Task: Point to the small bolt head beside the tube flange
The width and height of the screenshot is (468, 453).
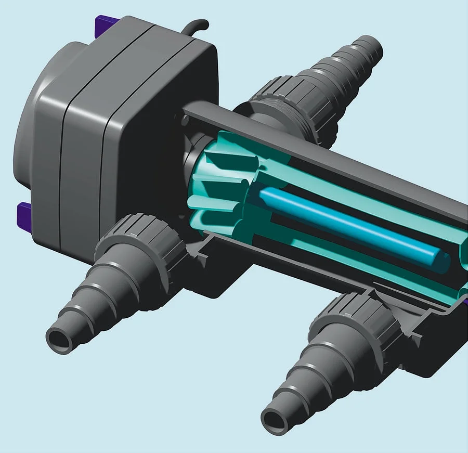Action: point(186,119)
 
